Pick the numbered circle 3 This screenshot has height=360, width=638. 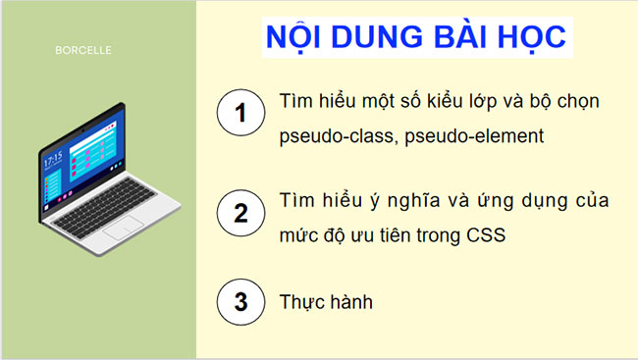tap(239, 302)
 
